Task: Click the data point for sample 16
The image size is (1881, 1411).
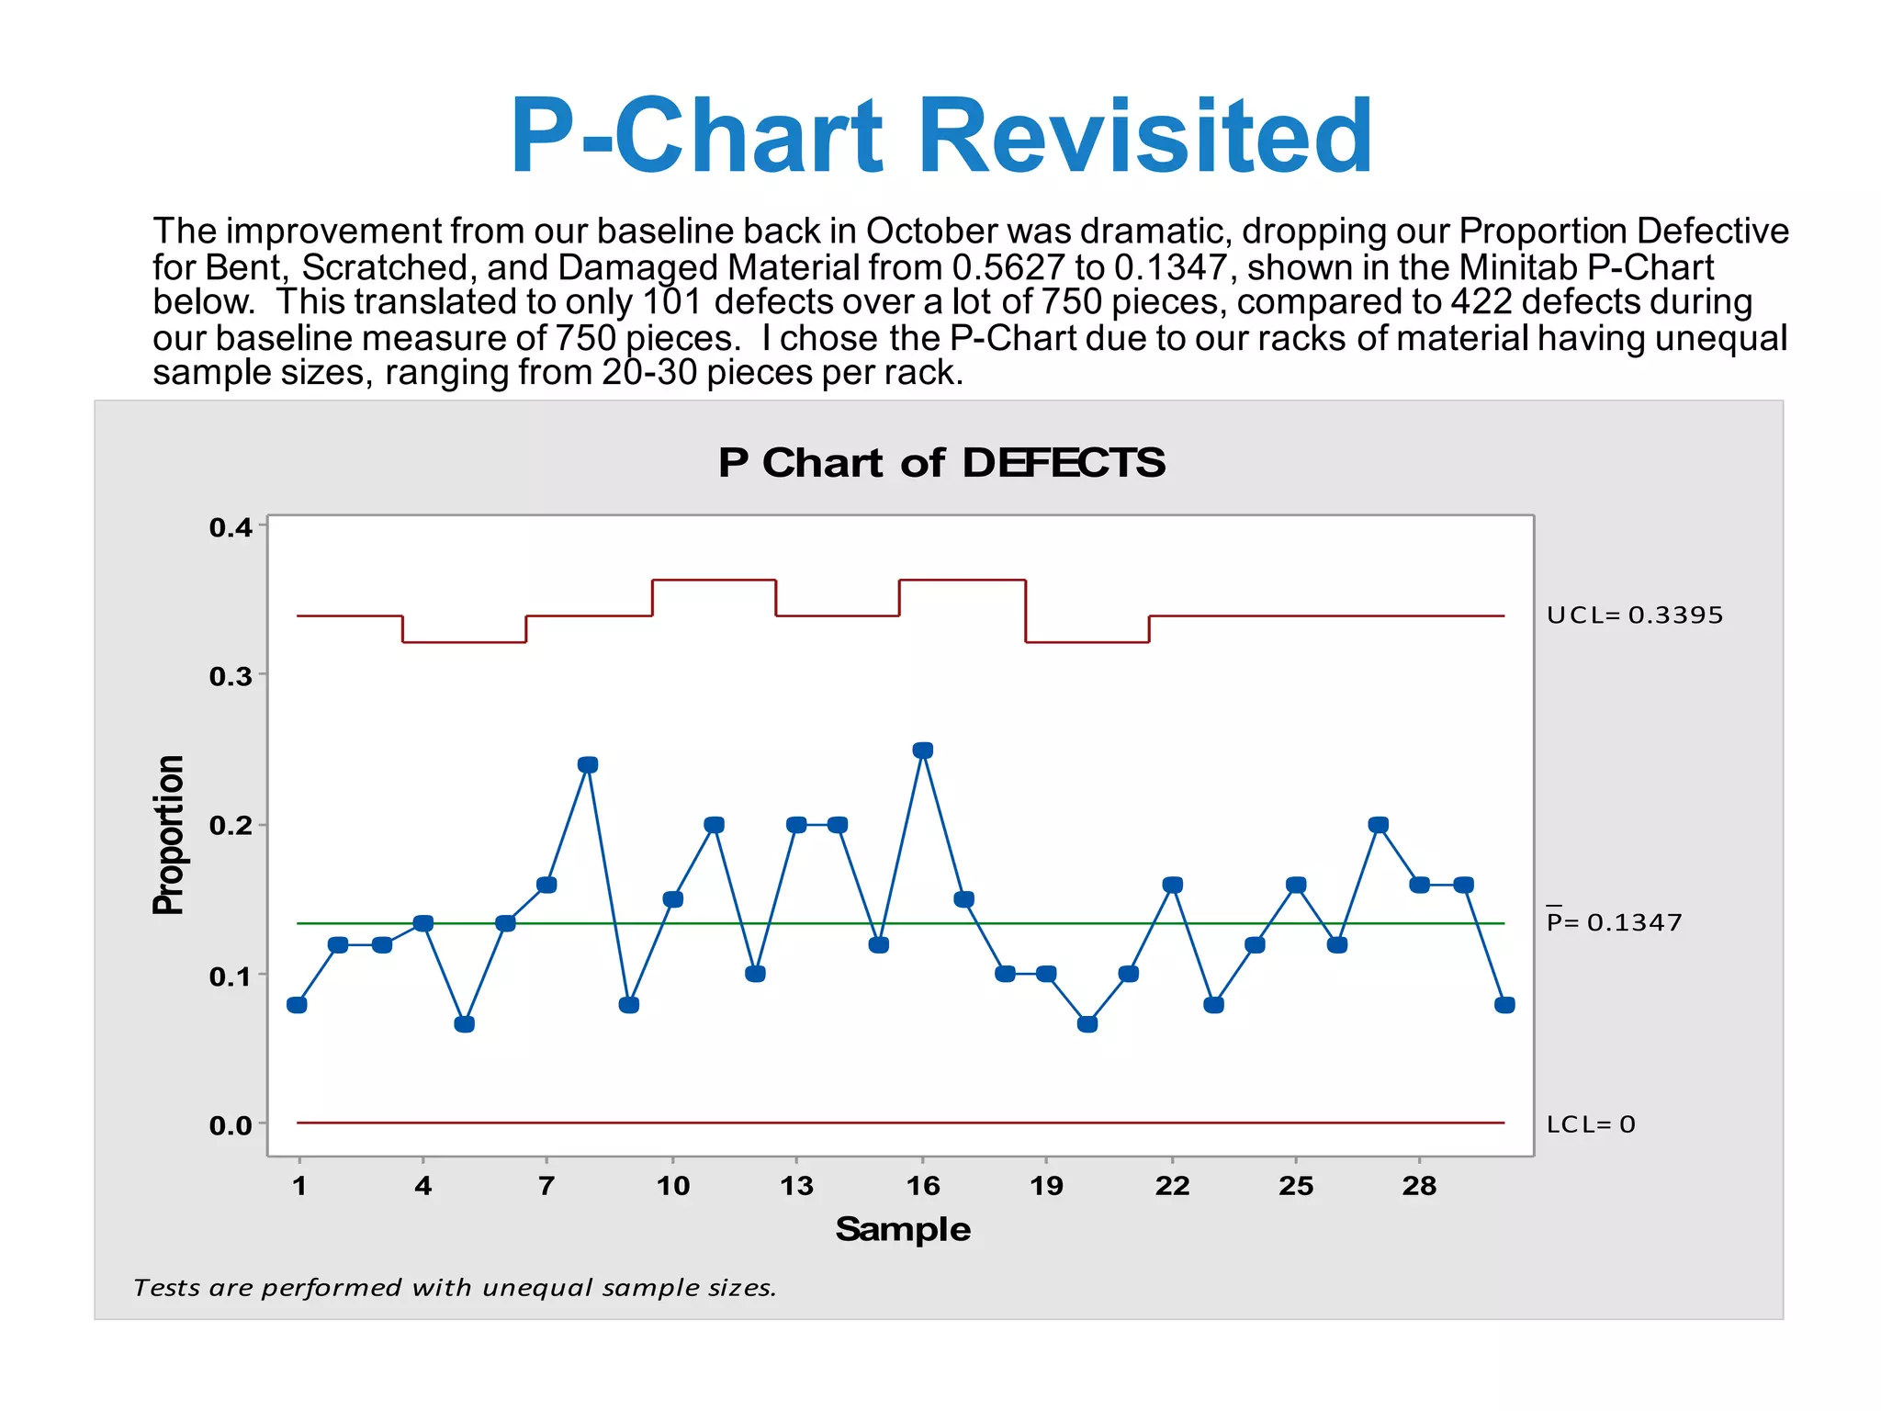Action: click(x=923, y=751)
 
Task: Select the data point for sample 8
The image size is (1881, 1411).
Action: click(x=588, y=765)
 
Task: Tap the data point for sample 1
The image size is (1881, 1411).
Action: click(x=297, y=1005)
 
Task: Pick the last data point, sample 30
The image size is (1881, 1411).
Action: click(x=1504, y=1005)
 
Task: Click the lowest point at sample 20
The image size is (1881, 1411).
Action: click(x=1087, y=1024)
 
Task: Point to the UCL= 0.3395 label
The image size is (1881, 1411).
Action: click(x=1635, y=615)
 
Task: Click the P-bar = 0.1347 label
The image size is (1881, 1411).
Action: click(x=1615, y=922)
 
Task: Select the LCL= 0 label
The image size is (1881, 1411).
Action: click(x=1591, y=1124)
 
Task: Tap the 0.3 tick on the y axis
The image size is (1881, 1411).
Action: click(x=231, y=677)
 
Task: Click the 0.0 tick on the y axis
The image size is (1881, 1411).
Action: click(x=231, y=1125)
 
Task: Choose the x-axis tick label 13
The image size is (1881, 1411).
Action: click(x=796, y=1186)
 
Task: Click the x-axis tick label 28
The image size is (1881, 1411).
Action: click(x=1419, y=1186)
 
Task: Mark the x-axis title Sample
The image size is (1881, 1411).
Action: click(x=903, y=1229)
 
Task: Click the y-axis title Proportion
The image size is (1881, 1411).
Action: click(x=169, y=835)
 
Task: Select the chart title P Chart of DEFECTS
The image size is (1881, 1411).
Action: click(x=941, y=463)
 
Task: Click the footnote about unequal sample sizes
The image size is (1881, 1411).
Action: click(x=455, y=1288)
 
